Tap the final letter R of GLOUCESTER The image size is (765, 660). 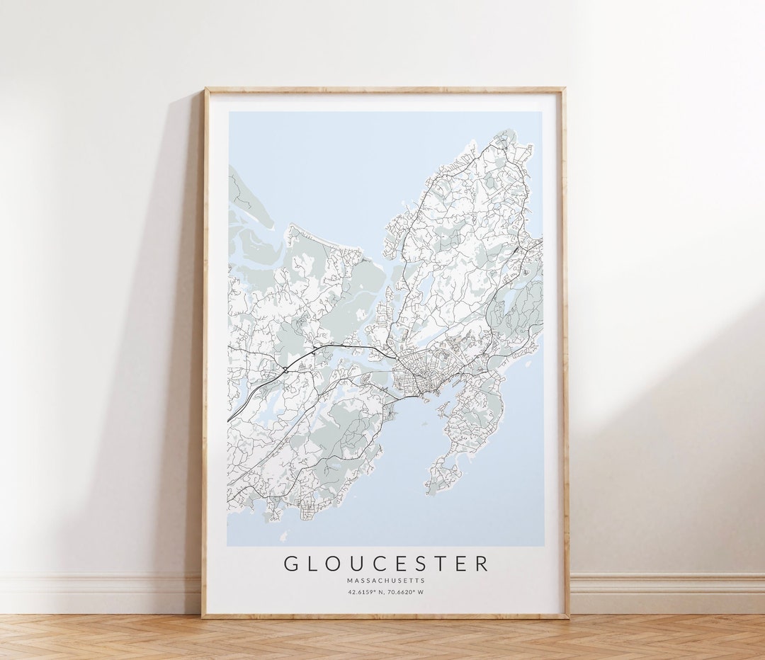point(482,564)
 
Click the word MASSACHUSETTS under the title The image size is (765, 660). point(386,581)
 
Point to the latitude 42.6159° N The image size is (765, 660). point(366,592)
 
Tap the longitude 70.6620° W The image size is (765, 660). point(406,592)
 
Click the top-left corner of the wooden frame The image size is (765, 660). point(205,89)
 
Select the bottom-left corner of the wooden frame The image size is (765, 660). point(203,617)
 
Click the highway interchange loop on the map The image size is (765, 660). point(285,369)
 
